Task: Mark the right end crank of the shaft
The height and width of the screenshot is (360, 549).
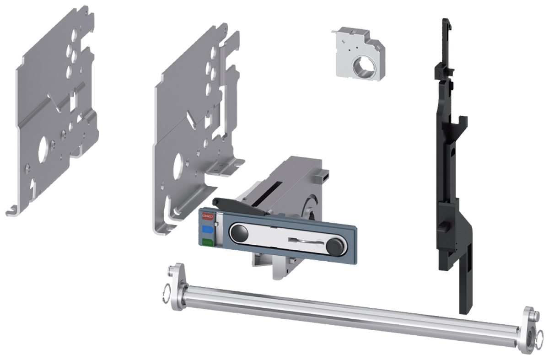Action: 530,330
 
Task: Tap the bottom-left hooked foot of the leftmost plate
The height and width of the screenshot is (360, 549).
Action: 13,212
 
